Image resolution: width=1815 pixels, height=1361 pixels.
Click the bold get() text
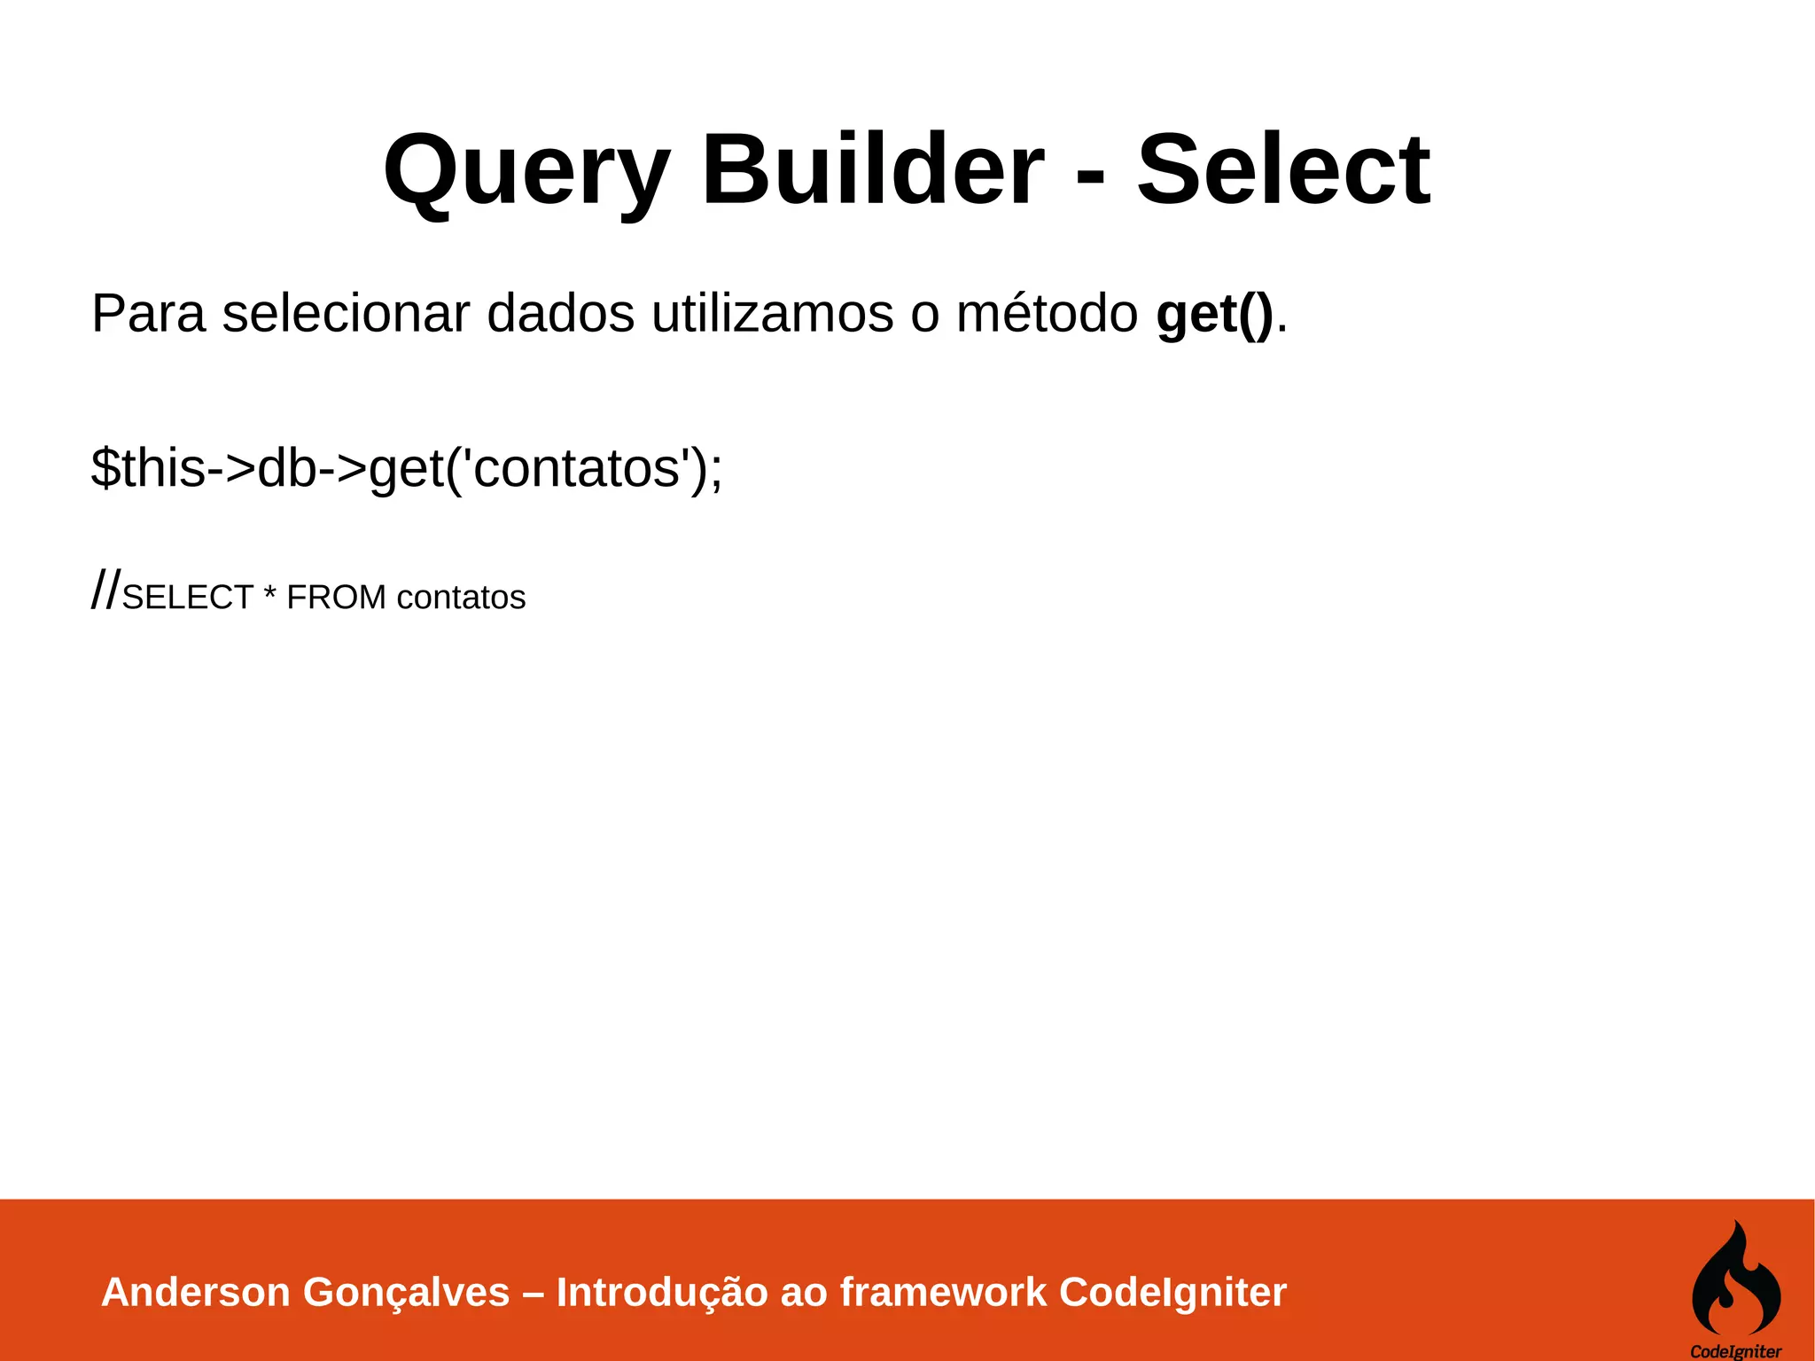pos(1214,315)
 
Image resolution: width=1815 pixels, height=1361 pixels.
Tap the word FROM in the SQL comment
pos(336,598)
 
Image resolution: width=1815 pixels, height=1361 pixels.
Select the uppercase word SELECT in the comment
pos(188,598)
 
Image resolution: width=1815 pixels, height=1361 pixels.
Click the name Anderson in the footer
pos(196,1292)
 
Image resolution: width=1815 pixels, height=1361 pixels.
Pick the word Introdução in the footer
pos(662,1292)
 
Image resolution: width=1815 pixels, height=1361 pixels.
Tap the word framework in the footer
pos(943,1292)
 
